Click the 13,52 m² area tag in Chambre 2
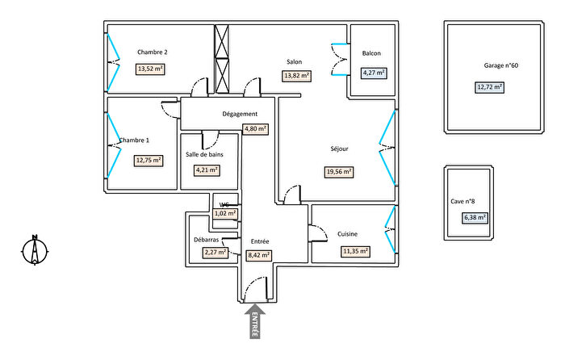click(150, 69)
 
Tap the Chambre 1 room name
click(134, 140)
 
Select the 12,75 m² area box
click(149, 160)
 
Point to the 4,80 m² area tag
click(256, 128)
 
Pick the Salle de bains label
click(204, 153)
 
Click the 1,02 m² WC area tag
click(225, 214)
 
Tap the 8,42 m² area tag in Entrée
click(258, 255)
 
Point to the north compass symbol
click(34, 250)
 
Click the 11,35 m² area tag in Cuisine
click(355, 251)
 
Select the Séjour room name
click(341, 149)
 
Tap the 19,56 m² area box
click(339, 171)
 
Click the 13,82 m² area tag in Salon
click(295, 76)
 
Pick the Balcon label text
click(371, 53)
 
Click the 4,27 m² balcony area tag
click(373, 73)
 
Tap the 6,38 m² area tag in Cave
click(475, 217)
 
